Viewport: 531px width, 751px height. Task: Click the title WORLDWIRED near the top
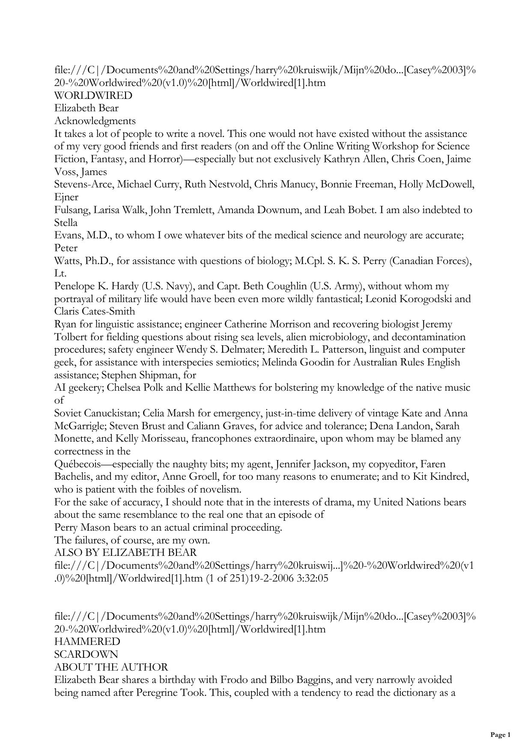click(x=93, y=95)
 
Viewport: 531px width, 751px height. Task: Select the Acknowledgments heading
click(x=95, y=121)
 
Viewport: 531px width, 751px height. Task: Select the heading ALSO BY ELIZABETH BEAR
click(x=125, y=553)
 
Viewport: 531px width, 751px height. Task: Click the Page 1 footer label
click(x=500, y=735)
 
